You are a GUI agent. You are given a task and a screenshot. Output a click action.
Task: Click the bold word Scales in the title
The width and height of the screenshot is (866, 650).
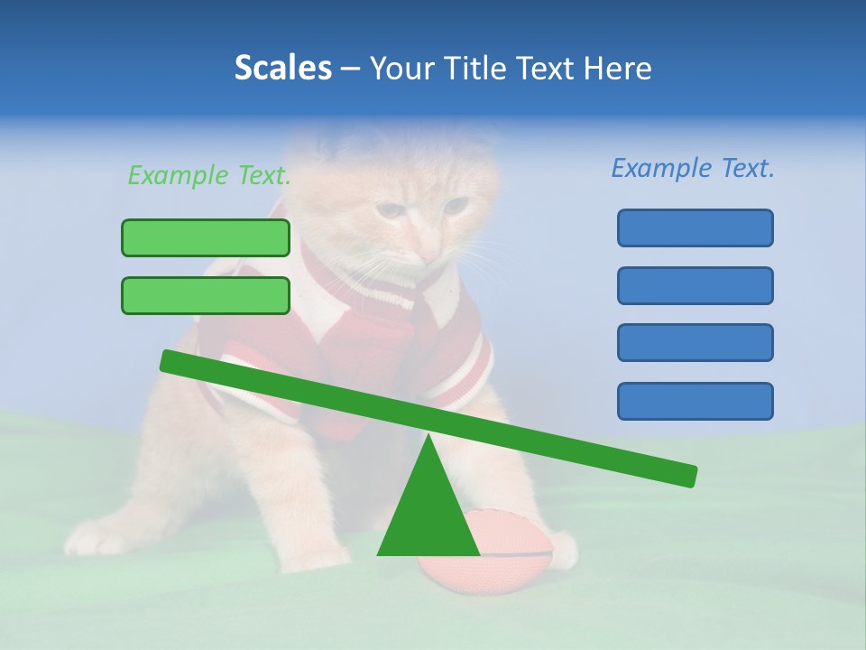pyautogui.click(x=282, y=68)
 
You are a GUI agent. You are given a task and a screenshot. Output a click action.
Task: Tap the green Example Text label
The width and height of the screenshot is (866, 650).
pyautogui.click(x=209, y=176)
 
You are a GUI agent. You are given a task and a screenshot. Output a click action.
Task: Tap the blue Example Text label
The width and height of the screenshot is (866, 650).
pyautogui.click(x=693, y=168)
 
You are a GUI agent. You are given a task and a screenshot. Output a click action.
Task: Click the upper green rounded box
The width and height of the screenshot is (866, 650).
pyautogui.click(x=206, y=237)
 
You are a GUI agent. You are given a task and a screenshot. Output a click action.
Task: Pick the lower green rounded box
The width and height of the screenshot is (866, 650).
pyautogui.click(x=206, y=295)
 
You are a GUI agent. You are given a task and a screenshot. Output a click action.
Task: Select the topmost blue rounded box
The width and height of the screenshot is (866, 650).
pyautogui.click(x=695, y=227)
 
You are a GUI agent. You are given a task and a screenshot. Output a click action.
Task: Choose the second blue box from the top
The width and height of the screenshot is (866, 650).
pyautogui.click(x=695, y=285)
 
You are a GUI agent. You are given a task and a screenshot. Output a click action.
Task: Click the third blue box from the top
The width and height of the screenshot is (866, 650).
pyautogui.click(x=695, y=343)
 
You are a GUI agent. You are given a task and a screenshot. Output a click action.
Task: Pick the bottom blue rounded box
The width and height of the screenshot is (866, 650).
pyautogui.click(x=695, y=401)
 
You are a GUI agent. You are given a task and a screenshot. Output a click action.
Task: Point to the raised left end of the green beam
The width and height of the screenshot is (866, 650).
pyautogui.click(x=171, y=361)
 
